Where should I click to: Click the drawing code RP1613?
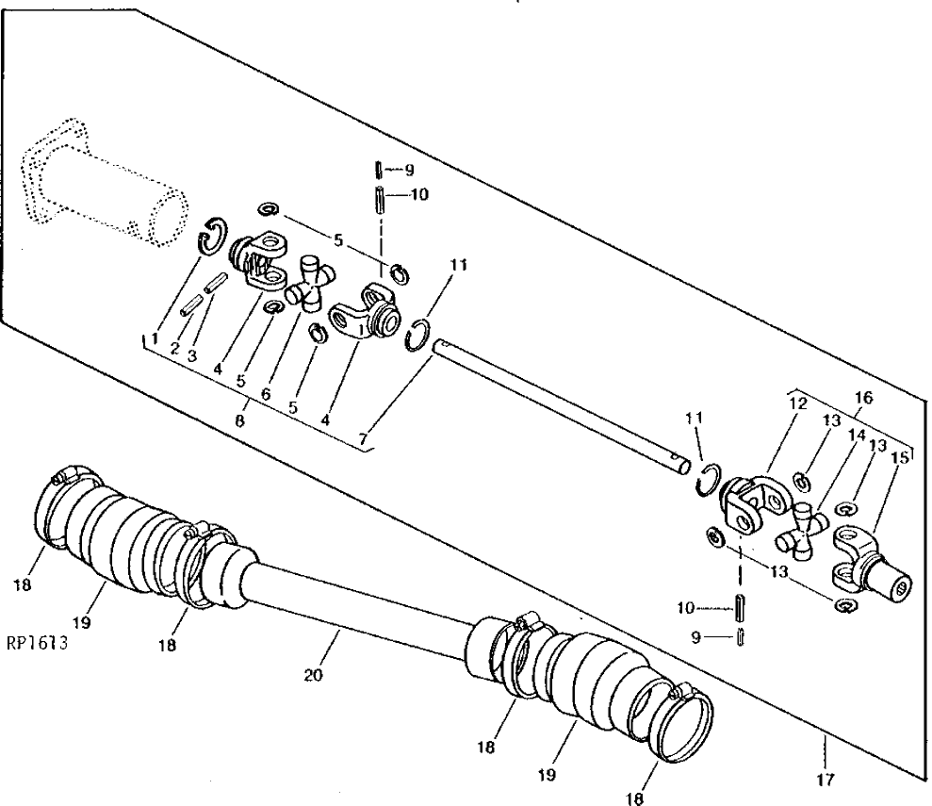click(38, 643)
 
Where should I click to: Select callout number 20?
click(313, 675)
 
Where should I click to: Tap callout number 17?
click(826, 780)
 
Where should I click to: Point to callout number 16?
click(863, 397)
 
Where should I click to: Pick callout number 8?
click(239, 420)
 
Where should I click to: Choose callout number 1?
click(155, 338)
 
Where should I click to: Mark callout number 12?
click(798, 403)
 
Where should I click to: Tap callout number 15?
click(901, 458)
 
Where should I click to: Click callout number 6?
click(266, 394)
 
